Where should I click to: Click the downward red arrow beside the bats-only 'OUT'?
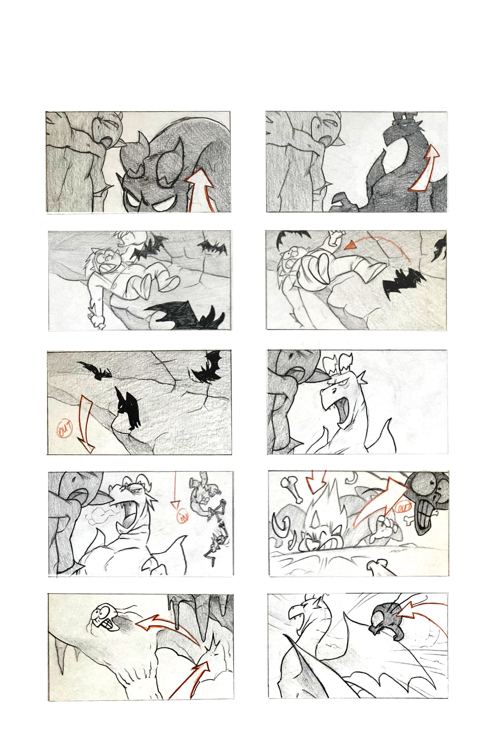(x=86, y=424)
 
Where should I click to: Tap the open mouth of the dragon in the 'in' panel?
(x=128, y=519)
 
